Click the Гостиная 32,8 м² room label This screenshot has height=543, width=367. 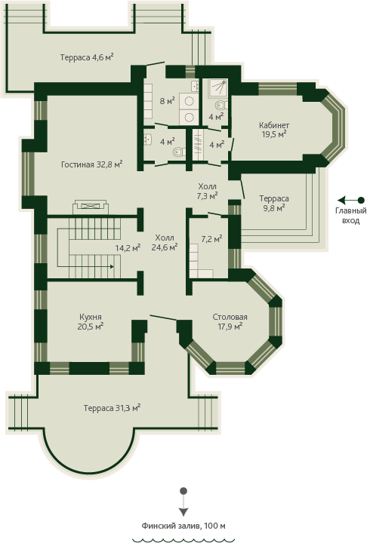click(91, 164)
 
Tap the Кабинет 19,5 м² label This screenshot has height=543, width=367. click(274, 130)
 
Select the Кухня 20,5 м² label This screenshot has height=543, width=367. click(91, 321)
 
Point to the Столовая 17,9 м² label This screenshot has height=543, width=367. click(230, 321)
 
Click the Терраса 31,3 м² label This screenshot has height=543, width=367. click(112, 408)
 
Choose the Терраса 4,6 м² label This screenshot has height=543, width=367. click(87, 57)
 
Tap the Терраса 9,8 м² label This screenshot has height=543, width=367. click(274, 203)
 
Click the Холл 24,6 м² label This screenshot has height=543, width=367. click(165, 242)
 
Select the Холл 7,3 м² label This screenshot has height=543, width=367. click(207, 191)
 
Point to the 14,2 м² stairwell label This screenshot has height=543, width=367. click(128, 247)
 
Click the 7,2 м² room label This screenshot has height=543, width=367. click(212, 238)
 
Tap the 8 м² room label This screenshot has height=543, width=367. click(167, 101)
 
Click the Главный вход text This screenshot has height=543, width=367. click(350, 216)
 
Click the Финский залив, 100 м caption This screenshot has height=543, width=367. click(183, 526)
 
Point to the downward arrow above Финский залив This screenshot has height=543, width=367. click(183, 502)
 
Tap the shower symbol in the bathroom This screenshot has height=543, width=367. click(217, 86)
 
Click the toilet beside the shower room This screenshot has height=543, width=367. click(221, 105)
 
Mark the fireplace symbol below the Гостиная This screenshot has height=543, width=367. click(91, 207)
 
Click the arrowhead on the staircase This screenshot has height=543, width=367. click(112, 267)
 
